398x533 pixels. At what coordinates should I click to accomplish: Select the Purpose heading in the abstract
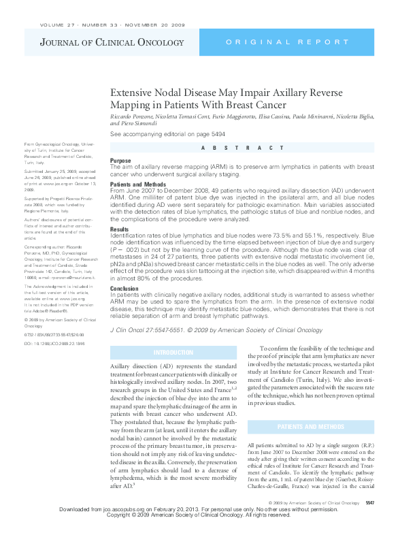120,161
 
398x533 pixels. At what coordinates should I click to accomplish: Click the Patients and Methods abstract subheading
137,184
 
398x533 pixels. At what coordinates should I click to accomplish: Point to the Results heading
119,230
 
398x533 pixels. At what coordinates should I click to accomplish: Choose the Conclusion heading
124,287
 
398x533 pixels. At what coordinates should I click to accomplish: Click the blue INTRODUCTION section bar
173,352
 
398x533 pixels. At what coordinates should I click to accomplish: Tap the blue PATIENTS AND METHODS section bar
315,427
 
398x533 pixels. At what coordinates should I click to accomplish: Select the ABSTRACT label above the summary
242,148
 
